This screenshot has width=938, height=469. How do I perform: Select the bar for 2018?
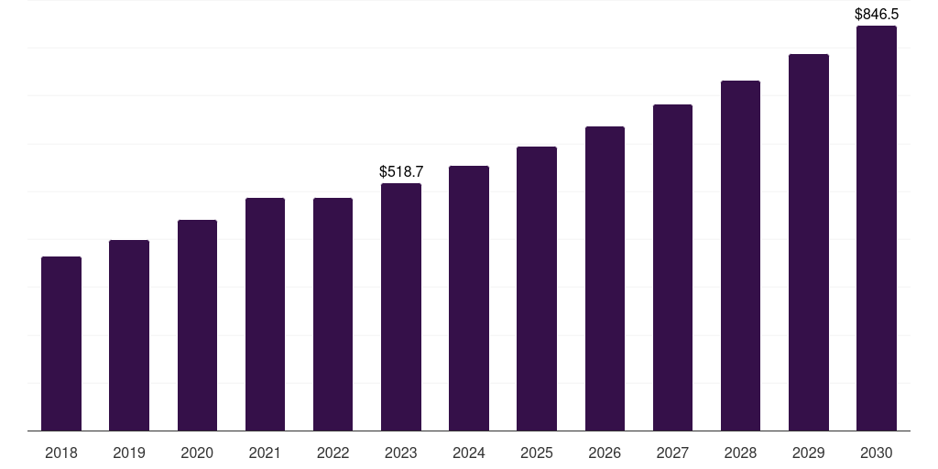coord(61,344)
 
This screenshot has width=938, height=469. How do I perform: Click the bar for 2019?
coord(129,335)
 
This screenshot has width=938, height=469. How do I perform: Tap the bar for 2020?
coord(197,325)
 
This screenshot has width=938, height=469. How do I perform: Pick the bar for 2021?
coord(265,314)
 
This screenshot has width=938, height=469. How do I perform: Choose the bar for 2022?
coord(333,314)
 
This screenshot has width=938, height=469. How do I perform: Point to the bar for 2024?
coord(469,298)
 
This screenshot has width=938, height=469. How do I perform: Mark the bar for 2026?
coord(605,278)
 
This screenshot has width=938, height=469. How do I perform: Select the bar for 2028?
coord(740,256)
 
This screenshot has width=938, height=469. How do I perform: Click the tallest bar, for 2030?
coord(877,228)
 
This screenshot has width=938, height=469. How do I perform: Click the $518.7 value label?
coord(401,171)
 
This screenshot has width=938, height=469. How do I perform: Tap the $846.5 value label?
coord(877,14)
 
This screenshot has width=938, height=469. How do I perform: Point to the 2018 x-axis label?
coord(61,453)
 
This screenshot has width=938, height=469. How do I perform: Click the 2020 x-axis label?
coord(197,453)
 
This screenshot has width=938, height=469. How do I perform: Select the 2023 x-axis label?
coord(401,453)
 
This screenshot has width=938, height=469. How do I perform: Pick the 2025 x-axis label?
coord(537,453)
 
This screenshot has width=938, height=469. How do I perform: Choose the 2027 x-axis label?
coord(672,453)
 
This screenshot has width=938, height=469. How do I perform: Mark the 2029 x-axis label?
coord(809,453)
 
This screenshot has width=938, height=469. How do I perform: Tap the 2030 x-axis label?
coord(877,453)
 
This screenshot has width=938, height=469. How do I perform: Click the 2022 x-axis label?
coord(333,453)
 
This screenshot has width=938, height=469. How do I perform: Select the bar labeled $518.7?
coord(401,307)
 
